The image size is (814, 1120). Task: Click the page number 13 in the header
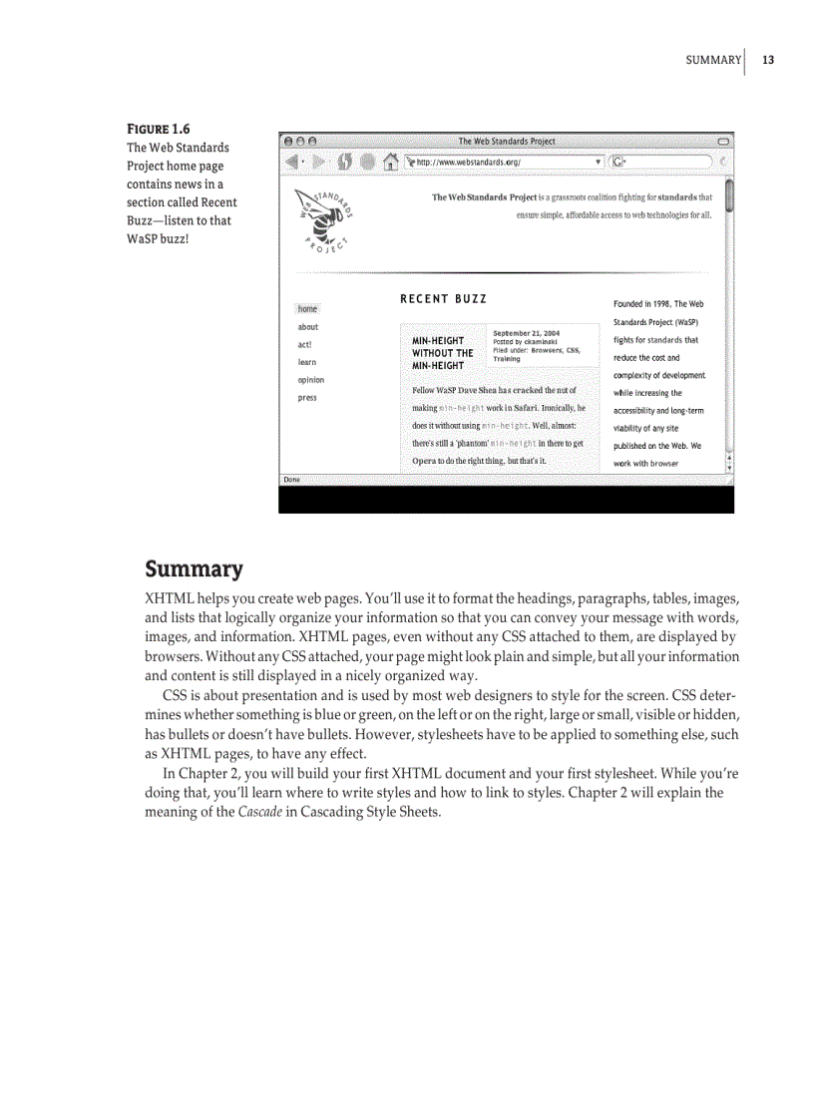coord(767,60)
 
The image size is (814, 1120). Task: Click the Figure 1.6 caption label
coord(158,129)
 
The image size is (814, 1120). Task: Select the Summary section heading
coord(194,569)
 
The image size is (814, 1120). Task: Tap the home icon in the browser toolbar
coord(392,161)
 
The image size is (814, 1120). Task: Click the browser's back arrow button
coord(291,161)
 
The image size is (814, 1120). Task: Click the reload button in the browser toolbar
coord(343,161)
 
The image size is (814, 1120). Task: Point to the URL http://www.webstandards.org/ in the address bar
coord(468,162)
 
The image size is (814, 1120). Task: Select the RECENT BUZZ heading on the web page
coord(443,299)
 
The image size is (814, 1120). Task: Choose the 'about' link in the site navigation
coord(308,327)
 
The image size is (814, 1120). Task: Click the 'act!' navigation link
coord(305,345)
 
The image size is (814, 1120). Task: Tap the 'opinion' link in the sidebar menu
coord(310,380)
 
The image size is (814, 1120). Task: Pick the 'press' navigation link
coord(307,398)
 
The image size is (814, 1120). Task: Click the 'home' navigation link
coord(307,309)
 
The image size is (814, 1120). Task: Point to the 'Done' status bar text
coord(291,480)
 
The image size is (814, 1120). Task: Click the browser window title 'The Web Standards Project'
coord(506,142)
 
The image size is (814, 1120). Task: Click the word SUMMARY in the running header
coord(713,60)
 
